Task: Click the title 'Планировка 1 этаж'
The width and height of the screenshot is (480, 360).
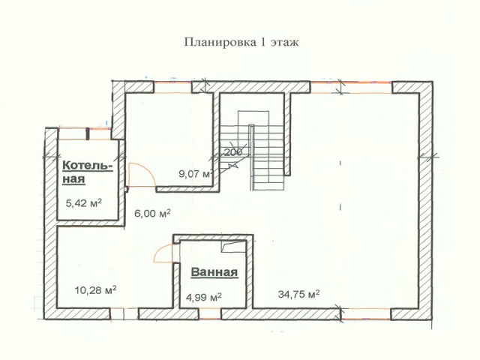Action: (x=241, y=42)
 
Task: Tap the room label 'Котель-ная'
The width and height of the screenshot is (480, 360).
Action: (x=87, y=172)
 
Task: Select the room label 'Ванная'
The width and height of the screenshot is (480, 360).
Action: (x=214, y=271)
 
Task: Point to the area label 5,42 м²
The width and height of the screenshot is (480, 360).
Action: (x=84, y=202)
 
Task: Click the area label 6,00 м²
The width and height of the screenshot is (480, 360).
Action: (x=152, y=213)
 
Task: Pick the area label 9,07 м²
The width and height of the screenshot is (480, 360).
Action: (x=195, y=173)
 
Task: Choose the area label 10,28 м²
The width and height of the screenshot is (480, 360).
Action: (x=95, y=289)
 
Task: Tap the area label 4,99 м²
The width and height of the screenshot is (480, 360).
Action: (x=204, y=297)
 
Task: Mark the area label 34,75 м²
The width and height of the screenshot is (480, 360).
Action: (x=299, y=294)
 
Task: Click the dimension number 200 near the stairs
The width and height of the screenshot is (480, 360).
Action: (x=233, y=151)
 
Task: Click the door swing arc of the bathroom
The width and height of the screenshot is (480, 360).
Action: (x=162, y=251)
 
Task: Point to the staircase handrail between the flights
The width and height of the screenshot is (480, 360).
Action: (x=251, y=157)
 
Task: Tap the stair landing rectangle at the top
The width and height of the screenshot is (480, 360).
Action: (x=253, y=118)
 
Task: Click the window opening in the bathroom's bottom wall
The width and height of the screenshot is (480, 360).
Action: (x=210, y=313)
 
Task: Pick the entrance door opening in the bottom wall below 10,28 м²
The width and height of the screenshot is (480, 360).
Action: (x=124, y=313)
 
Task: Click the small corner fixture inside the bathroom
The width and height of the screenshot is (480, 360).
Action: (x=234, y=246)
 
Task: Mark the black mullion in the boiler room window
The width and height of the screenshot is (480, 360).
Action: (x=88, y=133)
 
